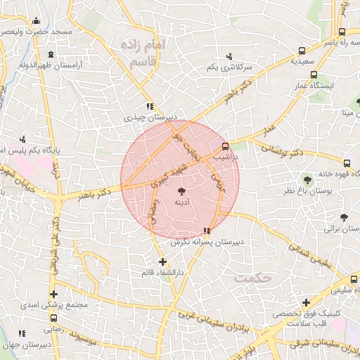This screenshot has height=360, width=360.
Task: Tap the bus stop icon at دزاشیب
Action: (225, 147)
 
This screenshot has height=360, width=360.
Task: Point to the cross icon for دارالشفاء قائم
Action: (162, 262)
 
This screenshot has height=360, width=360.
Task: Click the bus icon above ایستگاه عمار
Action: (314, 75)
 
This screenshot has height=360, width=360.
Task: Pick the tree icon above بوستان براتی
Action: (344, 217)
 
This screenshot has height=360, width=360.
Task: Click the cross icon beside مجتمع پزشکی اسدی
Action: (53, 295)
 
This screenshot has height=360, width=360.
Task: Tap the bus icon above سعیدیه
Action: (302, 51)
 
